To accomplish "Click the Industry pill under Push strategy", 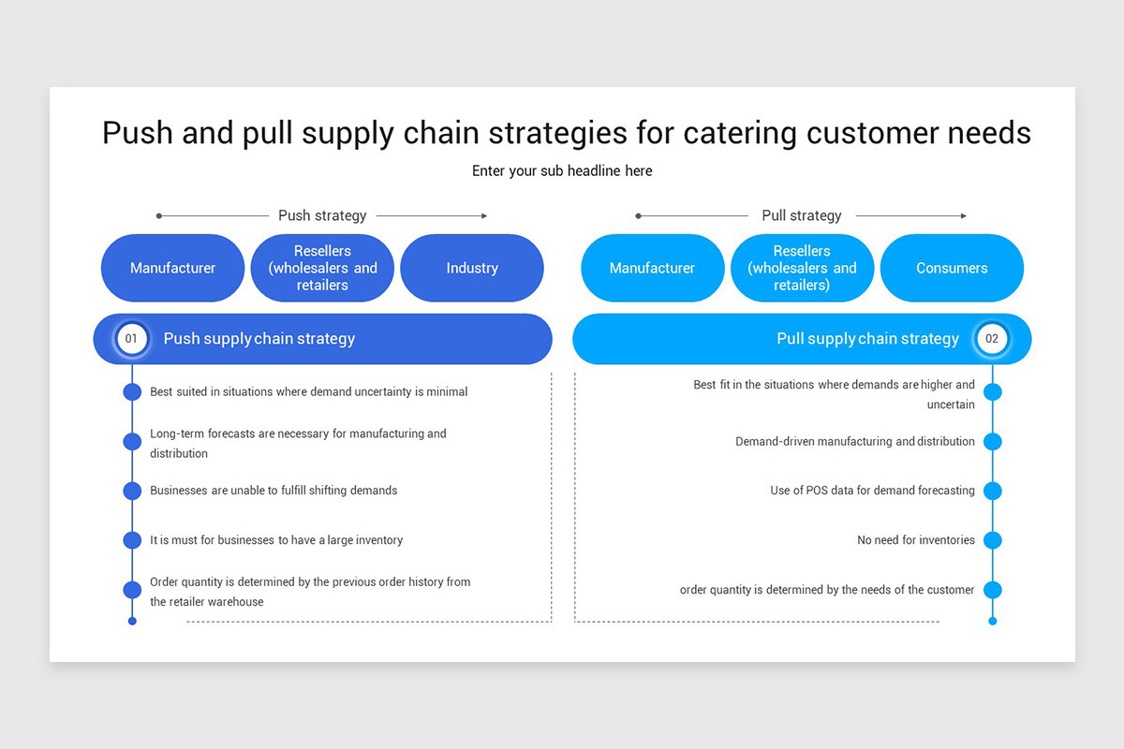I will coord(472,268).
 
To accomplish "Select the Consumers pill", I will coord(952,268).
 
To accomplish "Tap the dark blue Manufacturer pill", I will coord(172,268).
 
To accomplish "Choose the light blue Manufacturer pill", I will coord(652,268).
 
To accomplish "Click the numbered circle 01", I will coord(132,339).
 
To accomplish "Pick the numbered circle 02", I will coord(992,339).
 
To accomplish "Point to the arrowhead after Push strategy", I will coord(483,216).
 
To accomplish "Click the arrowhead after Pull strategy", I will coord(963,216).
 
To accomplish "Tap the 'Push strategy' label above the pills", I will coord(322,215).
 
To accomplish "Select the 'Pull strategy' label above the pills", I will coord(802,215).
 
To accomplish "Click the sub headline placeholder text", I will coord(562,170).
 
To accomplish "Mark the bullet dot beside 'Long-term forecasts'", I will coord(132,441).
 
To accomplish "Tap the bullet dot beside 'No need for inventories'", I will coord(993,540).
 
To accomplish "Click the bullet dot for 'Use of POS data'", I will coord(993,491).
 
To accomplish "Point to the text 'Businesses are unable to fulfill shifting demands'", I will coord(274,491).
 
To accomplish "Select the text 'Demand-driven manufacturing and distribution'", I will coord(854,441).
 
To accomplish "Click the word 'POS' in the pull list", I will coord(818,491).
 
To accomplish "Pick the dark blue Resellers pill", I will coord(322,268).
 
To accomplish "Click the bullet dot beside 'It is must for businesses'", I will coord(132,540).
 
